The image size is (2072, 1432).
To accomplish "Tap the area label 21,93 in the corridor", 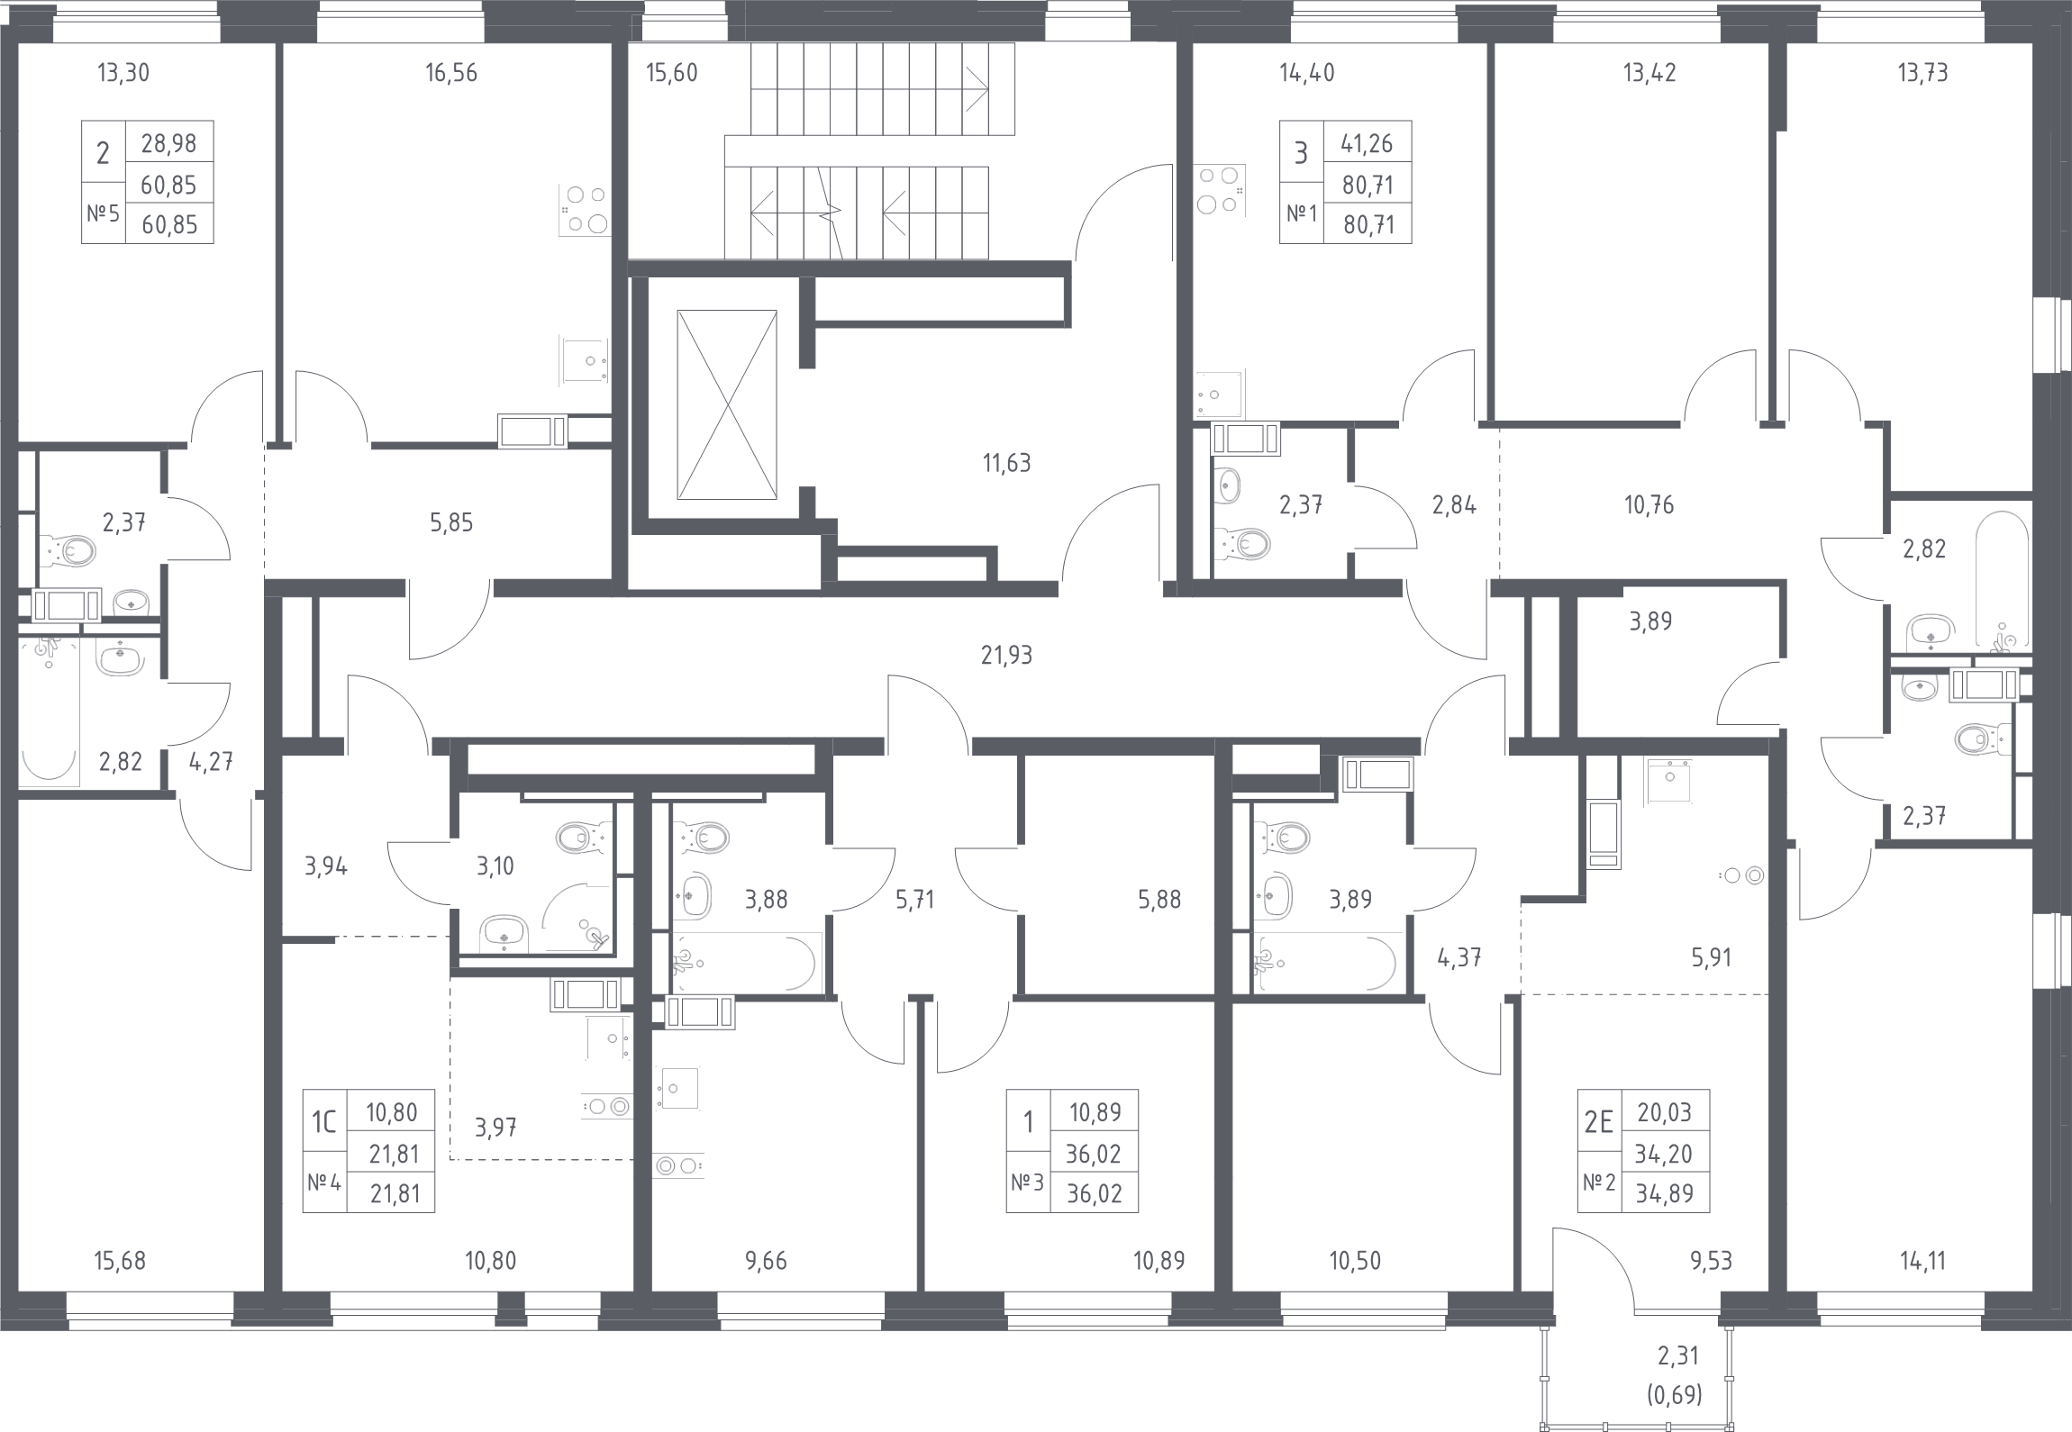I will pos(1006,656).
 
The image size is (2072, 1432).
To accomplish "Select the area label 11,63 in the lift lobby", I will pos(1006,464).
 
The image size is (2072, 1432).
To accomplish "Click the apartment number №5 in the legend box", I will pos(102,214).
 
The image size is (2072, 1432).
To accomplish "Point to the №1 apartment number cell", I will pos(1300,214).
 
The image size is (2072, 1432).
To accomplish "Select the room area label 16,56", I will pos(451,73).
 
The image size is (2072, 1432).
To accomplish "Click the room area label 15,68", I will pos(120,1261).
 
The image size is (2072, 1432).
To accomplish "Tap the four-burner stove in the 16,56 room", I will pos(584,208).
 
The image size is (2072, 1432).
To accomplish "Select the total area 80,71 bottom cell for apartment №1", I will pos(1368,224).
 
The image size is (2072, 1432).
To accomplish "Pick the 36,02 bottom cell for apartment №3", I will pos(1095,1193).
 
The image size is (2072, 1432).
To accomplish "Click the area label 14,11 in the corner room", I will pos(1919,1261).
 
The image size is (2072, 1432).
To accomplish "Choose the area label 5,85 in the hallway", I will pos(450,522).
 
